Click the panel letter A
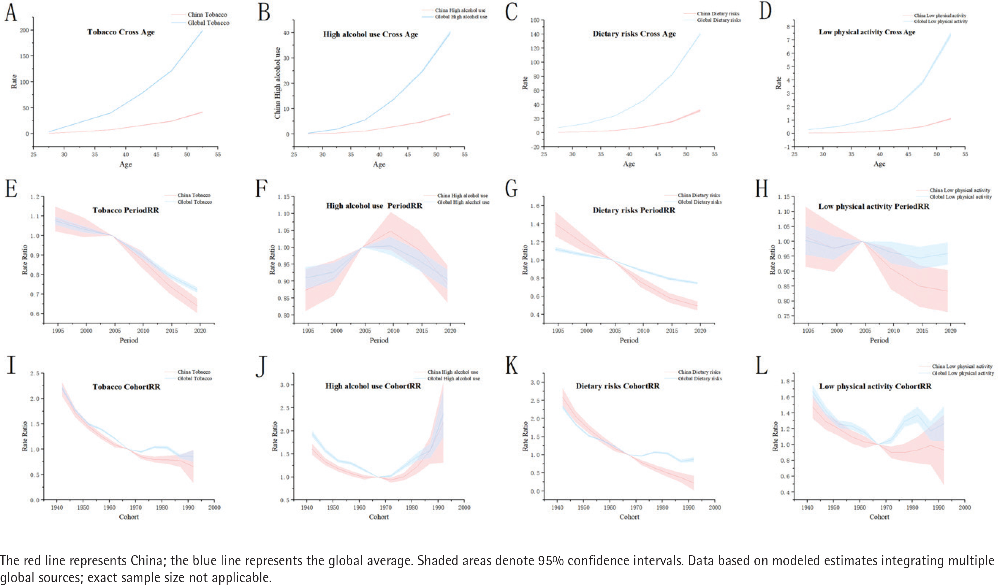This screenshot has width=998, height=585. tap(11, 13)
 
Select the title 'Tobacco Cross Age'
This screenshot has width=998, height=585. tap(121, 32)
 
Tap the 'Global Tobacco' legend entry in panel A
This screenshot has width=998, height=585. tap(208, 23)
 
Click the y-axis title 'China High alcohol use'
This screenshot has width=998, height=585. tap(277, 83)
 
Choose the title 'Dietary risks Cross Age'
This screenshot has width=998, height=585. tap(634, 34)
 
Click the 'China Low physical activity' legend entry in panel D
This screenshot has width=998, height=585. tap(940, 15)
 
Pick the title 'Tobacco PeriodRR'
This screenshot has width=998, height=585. tap(125, 210)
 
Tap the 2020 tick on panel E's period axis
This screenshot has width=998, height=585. tap(200, 330)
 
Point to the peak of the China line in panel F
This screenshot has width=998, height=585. tap(391, 231)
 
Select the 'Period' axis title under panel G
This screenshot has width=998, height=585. tap(629, 340)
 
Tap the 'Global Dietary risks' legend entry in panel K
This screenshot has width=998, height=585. tap(700, 378)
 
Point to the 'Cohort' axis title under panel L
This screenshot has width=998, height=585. tap(879, 517)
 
